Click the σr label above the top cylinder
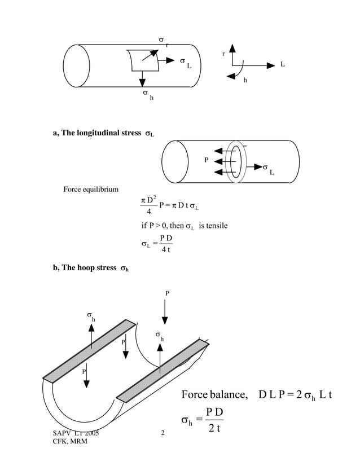tap(163, 41)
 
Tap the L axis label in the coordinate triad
tap(283, 64)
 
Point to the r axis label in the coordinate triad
tap(224, 54)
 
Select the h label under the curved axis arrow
tap(245, 80)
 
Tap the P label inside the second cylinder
tap(207, 160)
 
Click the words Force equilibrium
tap(91, 188)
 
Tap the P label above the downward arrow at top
tap(166, 293)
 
